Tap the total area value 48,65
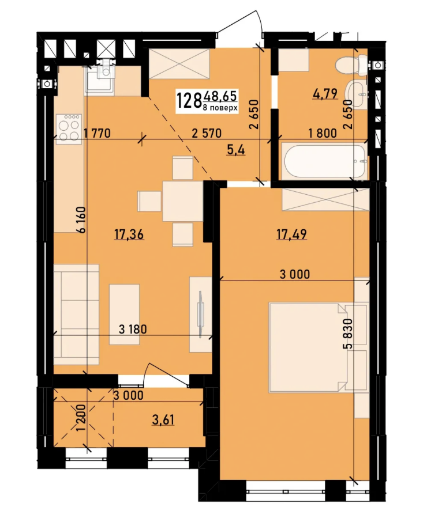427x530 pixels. click(x=219, y=96)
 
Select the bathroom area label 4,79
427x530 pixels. click(x=325, y=94)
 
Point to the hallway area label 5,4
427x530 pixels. click(x=236, y=149)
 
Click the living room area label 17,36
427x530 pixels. click(x=129, y=234)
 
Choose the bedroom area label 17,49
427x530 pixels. click(x=291, y=234)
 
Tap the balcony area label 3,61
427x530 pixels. click(x=163, y=419)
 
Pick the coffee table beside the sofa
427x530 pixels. click(x=124, y=315)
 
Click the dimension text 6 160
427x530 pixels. click(x=81, y=219)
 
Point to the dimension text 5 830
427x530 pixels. click(x=348, y=334)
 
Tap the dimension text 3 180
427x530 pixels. click(x=133, y=329)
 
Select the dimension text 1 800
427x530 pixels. click(x=323, y=133)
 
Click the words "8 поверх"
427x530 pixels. click(x=220, y=108)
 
